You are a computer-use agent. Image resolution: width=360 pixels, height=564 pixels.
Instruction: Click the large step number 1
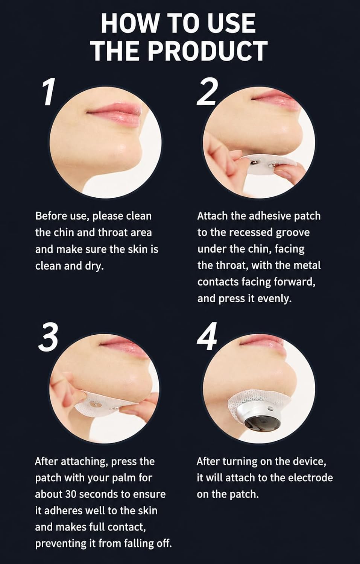click(49, 92)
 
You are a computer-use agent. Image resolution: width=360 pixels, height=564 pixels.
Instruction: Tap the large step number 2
click(207, 92)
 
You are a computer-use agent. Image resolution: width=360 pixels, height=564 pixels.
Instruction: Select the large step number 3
click(49, 337)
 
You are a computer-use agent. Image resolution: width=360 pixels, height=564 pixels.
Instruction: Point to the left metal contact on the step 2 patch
click(253, 164)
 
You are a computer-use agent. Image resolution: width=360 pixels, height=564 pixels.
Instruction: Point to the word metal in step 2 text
click(306, 265)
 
